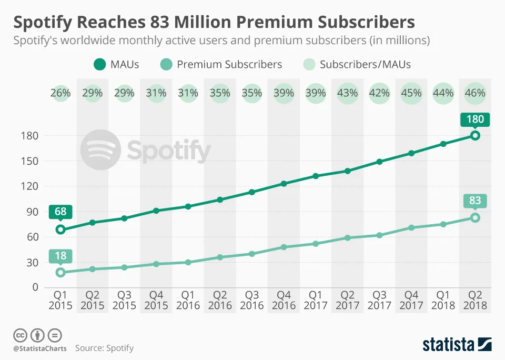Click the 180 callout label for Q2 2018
pyautogui.click(x=475, y=119)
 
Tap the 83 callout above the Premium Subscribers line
pyautogui.click(x=475, y=201)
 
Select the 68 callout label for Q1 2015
pyautogui.click(x=60, y=213)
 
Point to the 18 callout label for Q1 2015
pyautogui.click(x=60, y=256)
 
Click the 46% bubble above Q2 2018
pyautogui.click(x=475, y=93)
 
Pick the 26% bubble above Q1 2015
pyautogui.click(x=60, y=93)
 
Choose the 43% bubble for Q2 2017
pyautogui.click(x=347, y=93)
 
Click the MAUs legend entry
pyautogui.click(x=116, y=65)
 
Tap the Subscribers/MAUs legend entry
pyautogui.click(x=357, y=65)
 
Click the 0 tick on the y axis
pyautogui.click(x=35, y=287)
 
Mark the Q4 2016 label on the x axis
pyautogui.click(x=284, y=300)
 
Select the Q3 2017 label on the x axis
pyautogui.click(x=379, y=300)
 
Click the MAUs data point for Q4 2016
pyautogui.click(x=284, y=184)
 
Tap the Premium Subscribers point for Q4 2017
pyautogui.click(x=411, y=228)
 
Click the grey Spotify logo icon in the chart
pyautogui.click(x=100, y=150)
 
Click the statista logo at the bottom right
pyautogui.click(x=457, y=345)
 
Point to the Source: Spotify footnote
pyautogui.click(x=104, y=348)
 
